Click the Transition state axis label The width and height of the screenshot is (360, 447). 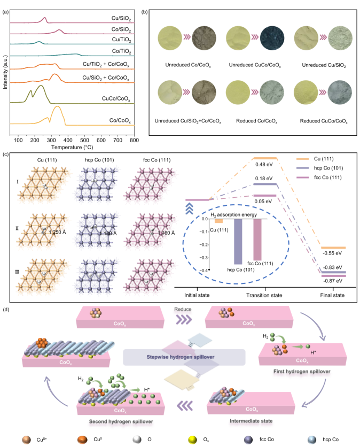point(267,295)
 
